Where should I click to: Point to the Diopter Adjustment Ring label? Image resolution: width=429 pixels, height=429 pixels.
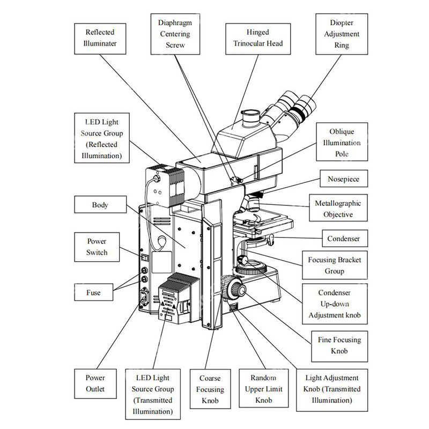(x=341, y=34)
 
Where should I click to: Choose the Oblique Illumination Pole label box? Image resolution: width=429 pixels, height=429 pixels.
(x=342, y=142)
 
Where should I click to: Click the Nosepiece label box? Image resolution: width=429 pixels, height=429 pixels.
(x=343, y=179)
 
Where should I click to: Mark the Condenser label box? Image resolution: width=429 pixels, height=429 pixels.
(x=344, y=238)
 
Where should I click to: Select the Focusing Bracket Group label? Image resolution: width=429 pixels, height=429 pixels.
(x=334, y=265)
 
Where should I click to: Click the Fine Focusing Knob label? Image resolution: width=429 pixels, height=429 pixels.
(x=339, y=345)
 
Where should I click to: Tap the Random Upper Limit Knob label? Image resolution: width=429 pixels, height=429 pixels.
(x=263, y=389)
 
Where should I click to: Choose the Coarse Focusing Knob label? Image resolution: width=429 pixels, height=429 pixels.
(x=210, y=389)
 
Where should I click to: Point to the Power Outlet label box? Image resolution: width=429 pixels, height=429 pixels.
(x=95, y=383)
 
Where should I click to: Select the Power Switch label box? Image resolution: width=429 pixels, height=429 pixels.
(x=97, y=246)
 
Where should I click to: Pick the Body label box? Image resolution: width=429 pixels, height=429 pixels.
(x=100, y=204)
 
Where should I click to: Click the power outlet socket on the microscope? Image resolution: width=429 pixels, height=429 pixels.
(x=144, y=298)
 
